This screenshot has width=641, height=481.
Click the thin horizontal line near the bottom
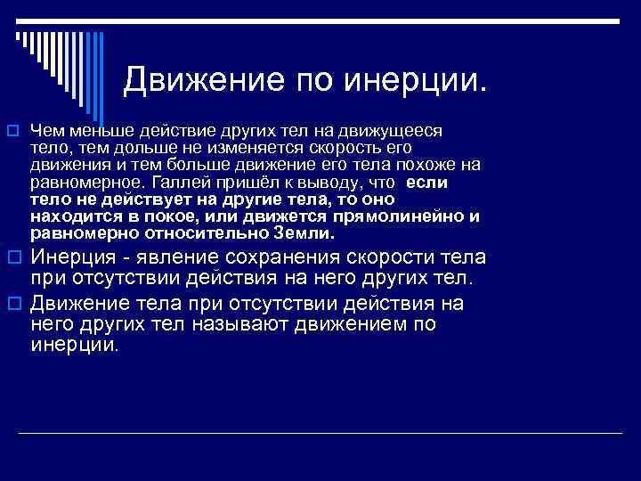[x=320, y=433]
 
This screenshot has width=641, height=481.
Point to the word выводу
[x=317, y=182]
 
